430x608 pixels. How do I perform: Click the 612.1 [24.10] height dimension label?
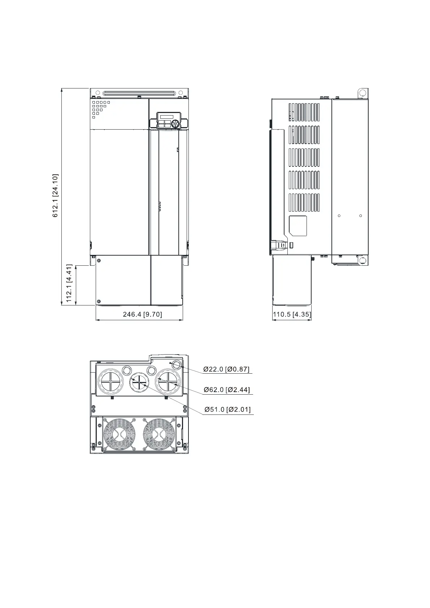tap(55, 195)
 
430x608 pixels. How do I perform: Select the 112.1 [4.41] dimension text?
tap(69, 283)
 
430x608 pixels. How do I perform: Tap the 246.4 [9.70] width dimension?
tap(142, 314)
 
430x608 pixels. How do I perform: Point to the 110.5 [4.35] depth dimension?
tap(292, 314)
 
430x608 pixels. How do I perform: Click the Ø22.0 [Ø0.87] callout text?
tap(226, 369)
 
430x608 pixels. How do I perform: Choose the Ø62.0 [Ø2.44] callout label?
tap(227, 390)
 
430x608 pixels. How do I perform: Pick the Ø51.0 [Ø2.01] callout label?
tap(227, 409)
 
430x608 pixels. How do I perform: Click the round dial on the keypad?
tap(175, 124)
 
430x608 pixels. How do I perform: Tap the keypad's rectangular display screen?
tap(167, 117)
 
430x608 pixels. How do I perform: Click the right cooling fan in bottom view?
tap(159, 434)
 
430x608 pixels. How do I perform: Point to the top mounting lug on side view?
tap(362, 94)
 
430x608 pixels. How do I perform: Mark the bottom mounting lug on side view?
tap(363, 261)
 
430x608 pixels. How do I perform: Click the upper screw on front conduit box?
tap(99, 261)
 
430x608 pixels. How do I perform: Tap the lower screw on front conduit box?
tap(99, 301)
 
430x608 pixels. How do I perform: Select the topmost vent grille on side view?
tap(304, 112)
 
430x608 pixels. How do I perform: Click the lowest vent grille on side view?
tap(304, 203)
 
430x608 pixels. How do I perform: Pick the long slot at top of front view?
tap(139, 94)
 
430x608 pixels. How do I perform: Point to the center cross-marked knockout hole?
tap(139, 382)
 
